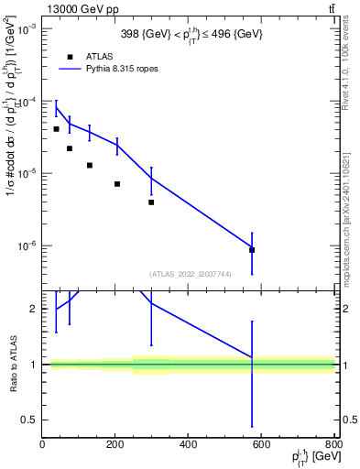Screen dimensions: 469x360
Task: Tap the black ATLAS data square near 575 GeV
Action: coord(252,250)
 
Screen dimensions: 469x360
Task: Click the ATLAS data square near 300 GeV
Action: coord(151,202)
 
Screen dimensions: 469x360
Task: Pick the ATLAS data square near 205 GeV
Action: coord(117,184)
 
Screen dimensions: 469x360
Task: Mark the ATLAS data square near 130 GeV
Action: coord(90,166)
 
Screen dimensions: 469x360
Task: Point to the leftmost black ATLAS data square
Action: coord(56,129)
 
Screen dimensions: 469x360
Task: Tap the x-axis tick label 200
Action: coord(115,446)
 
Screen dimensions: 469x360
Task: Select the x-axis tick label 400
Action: coord(188,446)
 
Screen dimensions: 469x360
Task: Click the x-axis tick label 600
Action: coord(261,446)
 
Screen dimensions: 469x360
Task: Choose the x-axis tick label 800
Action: coord(333,446)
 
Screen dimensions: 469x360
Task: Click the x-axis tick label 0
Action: coord(42,446)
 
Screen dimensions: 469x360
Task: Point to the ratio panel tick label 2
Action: coord(33,309)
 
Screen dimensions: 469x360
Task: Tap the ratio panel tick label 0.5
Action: coord(29,420)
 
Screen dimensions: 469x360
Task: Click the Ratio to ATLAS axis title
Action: coord(12,364)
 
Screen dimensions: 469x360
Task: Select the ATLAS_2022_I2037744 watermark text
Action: coord(189,273)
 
